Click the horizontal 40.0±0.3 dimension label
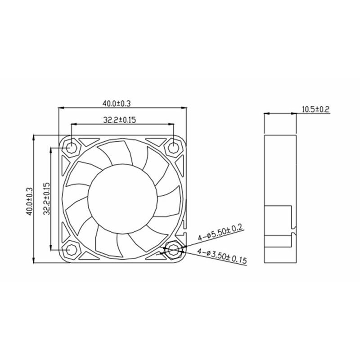116,103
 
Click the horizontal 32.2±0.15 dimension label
120,120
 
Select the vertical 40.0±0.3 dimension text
30,201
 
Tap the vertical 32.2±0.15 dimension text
46,198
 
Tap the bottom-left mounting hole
72,250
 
